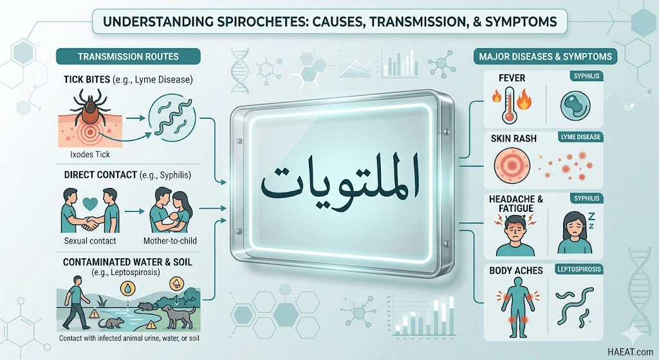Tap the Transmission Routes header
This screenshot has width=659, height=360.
pos(128,57)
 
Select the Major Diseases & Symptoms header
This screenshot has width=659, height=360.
pos(545,57)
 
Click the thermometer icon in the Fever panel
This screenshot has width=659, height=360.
pos(510,104)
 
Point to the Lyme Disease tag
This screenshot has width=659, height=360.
pos(580,137)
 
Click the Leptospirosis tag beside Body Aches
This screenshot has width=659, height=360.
pos(579,269)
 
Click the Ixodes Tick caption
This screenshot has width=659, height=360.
pos(90,155)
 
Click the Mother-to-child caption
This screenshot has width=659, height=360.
pos(170,241)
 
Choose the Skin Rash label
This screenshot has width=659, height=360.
pos(514,138)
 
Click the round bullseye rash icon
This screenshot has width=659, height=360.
pos(512,166)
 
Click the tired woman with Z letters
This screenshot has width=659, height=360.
pos(574,232)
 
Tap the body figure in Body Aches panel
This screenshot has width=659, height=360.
pos(517,307)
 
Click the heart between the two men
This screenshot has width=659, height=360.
pos(90,204)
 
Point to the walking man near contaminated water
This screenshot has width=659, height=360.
pos(76,302)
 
